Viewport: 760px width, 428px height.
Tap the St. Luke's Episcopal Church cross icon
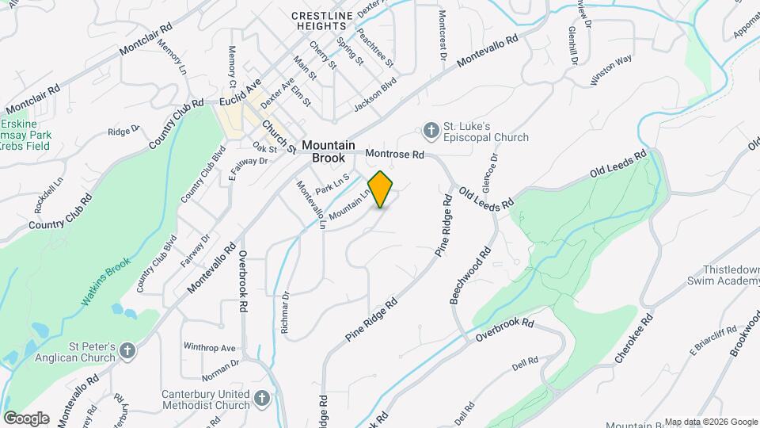click(431, 130)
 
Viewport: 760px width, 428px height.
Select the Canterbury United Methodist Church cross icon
click(264, 398)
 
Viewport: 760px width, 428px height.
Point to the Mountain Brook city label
click(328, 151)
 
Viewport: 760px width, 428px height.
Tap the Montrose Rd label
click(395, 153)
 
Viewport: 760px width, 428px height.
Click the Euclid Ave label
click(240, 101)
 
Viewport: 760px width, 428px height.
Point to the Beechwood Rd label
click(471, 274)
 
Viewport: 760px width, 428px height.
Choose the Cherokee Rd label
click(635, 340)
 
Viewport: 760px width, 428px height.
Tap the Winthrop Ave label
click(210, 347)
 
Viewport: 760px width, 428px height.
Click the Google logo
click(26, 418)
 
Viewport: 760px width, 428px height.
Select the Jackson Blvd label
click(374, 94)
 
